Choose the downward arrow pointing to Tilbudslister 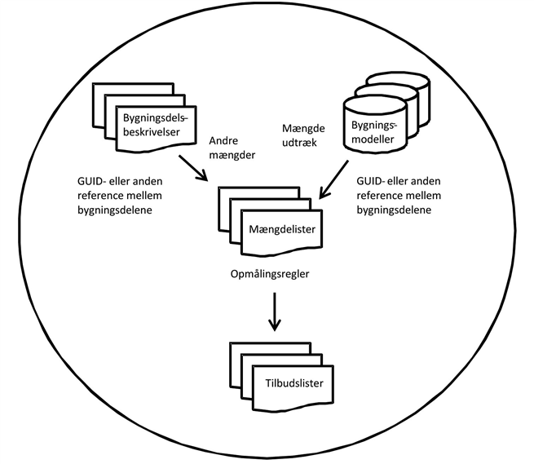[x=275, y=312]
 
